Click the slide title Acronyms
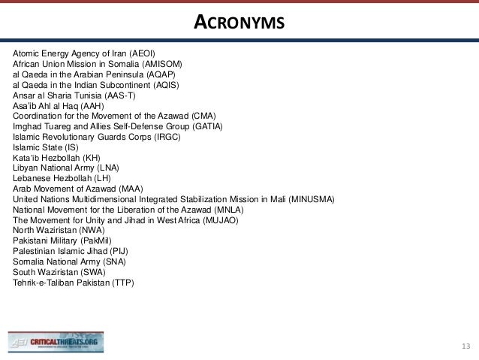(239, 23)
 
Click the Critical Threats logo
(56, 342)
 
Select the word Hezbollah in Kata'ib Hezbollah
(58, 158)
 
